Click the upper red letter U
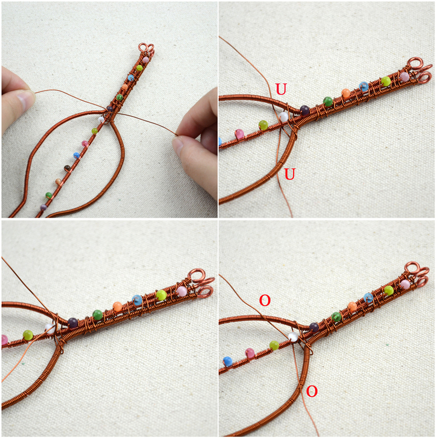[281, 89]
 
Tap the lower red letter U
[290, 174]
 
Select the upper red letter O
[265, 300]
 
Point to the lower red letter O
[311, 391]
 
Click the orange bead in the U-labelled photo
[346, 93]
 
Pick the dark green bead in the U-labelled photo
[328, 101]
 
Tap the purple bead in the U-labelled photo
[305, 110]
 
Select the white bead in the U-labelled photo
[283, 117]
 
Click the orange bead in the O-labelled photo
[352, 307]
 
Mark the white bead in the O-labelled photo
[294, 336]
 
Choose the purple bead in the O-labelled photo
[313, 327]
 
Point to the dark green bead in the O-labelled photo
[336, 316]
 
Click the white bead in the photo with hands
[101, 119]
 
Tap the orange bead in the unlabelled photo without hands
[117, 307]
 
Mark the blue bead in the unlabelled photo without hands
[137, 300]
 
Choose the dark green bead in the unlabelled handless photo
[97, 315]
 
